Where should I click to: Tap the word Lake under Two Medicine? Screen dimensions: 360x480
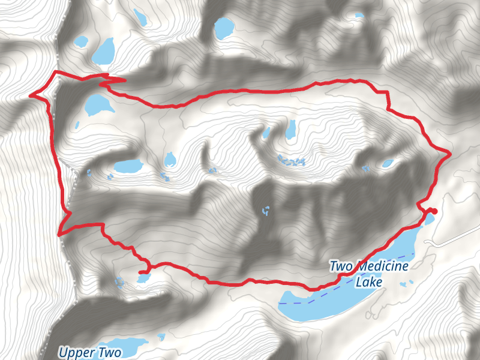369,281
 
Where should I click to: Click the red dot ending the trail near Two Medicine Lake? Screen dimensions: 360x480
433,211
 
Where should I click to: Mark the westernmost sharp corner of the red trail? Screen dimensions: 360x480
31,94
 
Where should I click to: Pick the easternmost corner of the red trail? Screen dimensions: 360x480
449,154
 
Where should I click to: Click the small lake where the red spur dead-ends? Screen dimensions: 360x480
143,277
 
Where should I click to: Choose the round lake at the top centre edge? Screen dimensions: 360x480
224,28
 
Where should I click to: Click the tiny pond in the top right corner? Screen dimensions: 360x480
358,15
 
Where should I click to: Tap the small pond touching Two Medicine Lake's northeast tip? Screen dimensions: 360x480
430,218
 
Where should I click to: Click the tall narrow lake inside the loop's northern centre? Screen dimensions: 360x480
290,129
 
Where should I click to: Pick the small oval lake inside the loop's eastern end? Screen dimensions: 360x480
388,163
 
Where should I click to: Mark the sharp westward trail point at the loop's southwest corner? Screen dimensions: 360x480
58,234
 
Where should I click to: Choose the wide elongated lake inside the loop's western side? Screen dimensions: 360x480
127,166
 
